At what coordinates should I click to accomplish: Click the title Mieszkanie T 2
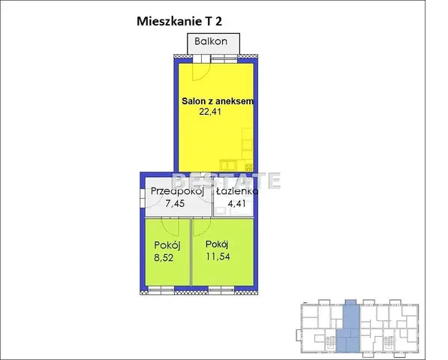(x=179, y=22)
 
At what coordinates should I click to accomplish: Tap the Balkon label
(x=211, y=41)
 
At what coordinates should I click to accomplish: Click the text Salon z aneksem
(x=218, y=101)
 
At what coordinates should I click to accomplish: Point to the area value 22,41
(x=210, y=111)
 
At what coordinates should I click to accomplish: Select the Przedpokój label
(x=177, y=191)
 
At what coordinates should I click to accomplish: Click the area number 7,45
(x=175, y=203)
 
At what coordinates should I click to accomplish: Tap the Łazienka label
(x=237, y=191)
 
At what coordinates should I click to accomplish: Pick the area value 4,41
(x=236, y=203)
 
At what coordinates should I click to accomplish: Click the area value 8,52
(x=164, y=258)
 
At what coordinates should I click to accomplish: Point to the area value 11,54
(x=218, y=256)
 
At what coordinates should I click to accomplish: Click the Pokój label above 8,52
(x=167, y=245)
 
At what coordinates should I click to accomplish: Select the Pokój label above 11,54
(x=217, y=244)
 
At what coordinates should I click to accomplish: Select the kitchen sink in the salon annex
(x=228, y=166)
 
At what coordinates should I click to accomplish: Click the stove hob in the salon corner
(x=249, y=167)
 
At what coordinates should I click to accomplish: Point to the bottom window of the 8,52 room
(x=161, y=291)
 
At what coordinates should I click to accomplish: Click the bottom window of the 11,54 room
(x=221, y=291)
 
